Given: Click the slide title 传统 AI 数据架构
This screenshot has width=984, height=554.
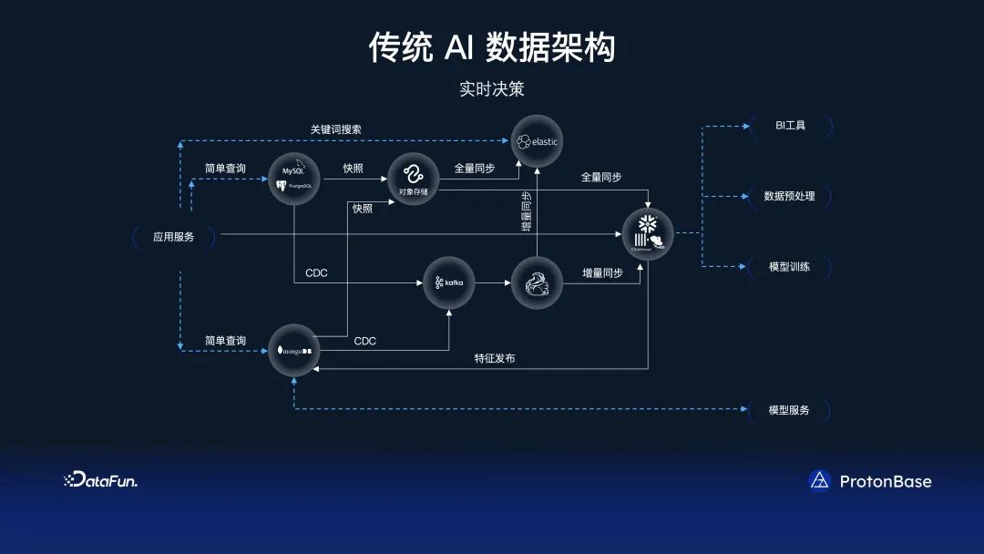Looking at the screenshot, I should click(492, 46).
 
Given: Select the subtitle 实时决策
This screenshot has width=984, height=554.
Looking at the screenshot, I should click(492, 89).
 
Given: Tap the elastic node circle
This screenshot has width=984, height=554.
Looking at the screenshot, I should click(538, 141).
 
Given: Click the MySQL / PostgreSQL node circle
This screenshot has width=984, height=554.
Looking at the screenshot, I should click(293, 178).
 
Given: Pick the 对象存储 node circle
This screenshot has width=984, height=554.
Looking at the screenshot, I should click(415, 180).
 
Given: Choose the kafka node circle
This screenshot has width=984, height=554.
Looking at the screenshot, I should click(449, 282).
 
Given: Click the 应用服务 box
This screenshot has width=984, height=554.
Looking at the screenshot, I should click(174, 237).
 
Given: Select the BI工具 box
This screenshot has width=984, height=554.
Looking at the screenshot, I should click(790, 125).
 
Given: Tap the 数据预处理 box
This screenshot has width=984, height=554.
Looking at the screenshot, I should click(790, 196).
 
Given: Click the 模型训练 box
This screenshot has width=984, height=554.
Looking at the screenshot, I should click(790, 267).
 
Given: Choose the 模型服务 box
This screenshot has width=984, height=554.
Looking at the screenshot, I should click(790, 410).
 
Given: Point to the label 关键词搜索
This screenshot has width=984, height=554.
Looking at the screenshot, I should click(335, 129).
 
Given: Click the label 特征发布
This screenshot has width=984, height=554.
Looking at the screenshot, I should click(495, 358).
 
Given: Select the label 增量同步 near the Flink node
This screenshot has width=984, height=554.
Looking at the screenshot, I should click(603, 272).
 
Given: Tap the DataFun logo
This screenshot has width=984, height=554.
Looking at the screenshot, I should click(100, 480).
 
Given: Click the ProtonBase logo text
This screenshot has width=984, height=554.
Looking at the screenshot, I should click(885, 481).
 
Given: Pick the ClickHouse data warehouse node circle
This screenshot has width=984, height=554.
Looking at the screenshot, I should click(648, 234).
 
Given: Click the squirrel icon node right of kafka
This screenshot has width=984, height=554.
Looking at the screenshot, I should click(537, 282).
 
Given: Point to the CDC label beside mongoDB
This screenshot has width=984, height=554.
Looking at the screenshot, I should click(365, 341).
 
